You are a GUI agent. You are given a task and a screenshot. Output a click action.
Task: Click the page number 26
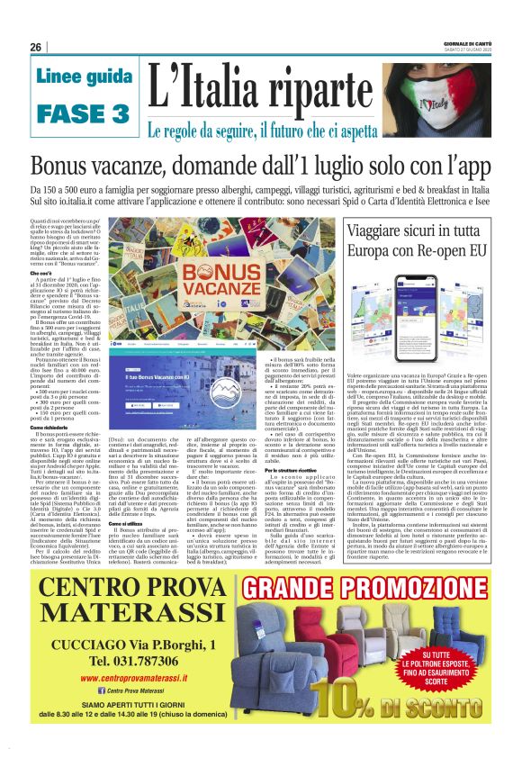tap(36, 47)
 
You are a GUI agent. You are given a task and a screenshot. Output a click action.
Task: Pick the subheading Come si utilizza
tap(128, 521)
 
